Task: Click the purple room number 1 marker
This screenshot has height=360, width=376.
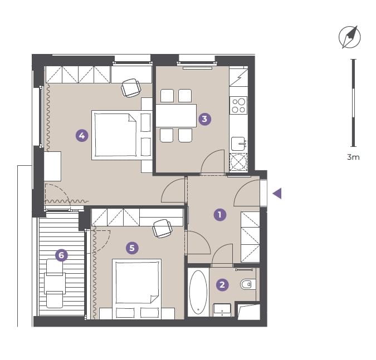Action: (x=220, y=215)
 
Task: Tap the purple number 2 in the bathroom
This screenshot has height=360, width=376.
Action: (x=222, y=284)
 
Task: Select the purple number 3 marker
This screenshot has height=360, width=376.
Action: (x=204, y=119)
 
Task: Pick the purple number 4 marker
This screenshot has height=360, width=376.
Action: (x=82, y=136)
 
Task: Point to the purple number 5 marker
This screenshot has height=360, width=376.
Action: (x=132, y=248)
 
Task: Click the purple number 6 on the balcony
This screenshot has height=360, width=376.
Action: (x=61, y=255)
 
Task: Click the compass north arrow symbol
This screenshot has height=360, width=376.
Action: (x=350, y=37)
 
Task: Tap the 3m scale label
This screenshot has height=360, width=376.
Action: (x=353, y=157)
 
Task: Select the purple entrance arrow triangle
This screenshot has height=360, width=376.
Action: (x=277, y=194)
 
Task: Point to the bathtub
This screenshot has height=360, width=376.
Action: (x=198, y=292)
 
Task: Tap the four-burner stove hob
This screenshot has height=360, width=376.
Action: (x=238, y=105)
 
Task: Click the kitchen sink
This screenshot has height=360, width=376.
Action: (x=238, y=144)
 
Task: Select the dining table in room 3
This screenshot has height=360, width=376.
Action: (x=176, y=115)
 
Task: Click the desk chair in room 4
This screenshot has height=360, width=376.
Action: (x=131, y=88)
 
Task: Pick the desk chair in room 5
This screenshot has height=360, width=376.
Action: (x=163, y=229)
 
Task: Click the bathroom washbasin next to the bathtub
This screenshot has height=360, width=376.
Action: (x=222, y=310)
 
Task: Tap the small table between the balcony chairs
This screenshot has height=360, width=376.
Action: (x=55, y=283)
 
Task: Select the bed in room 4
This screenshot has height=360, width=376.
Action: (x=122, y=135)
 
